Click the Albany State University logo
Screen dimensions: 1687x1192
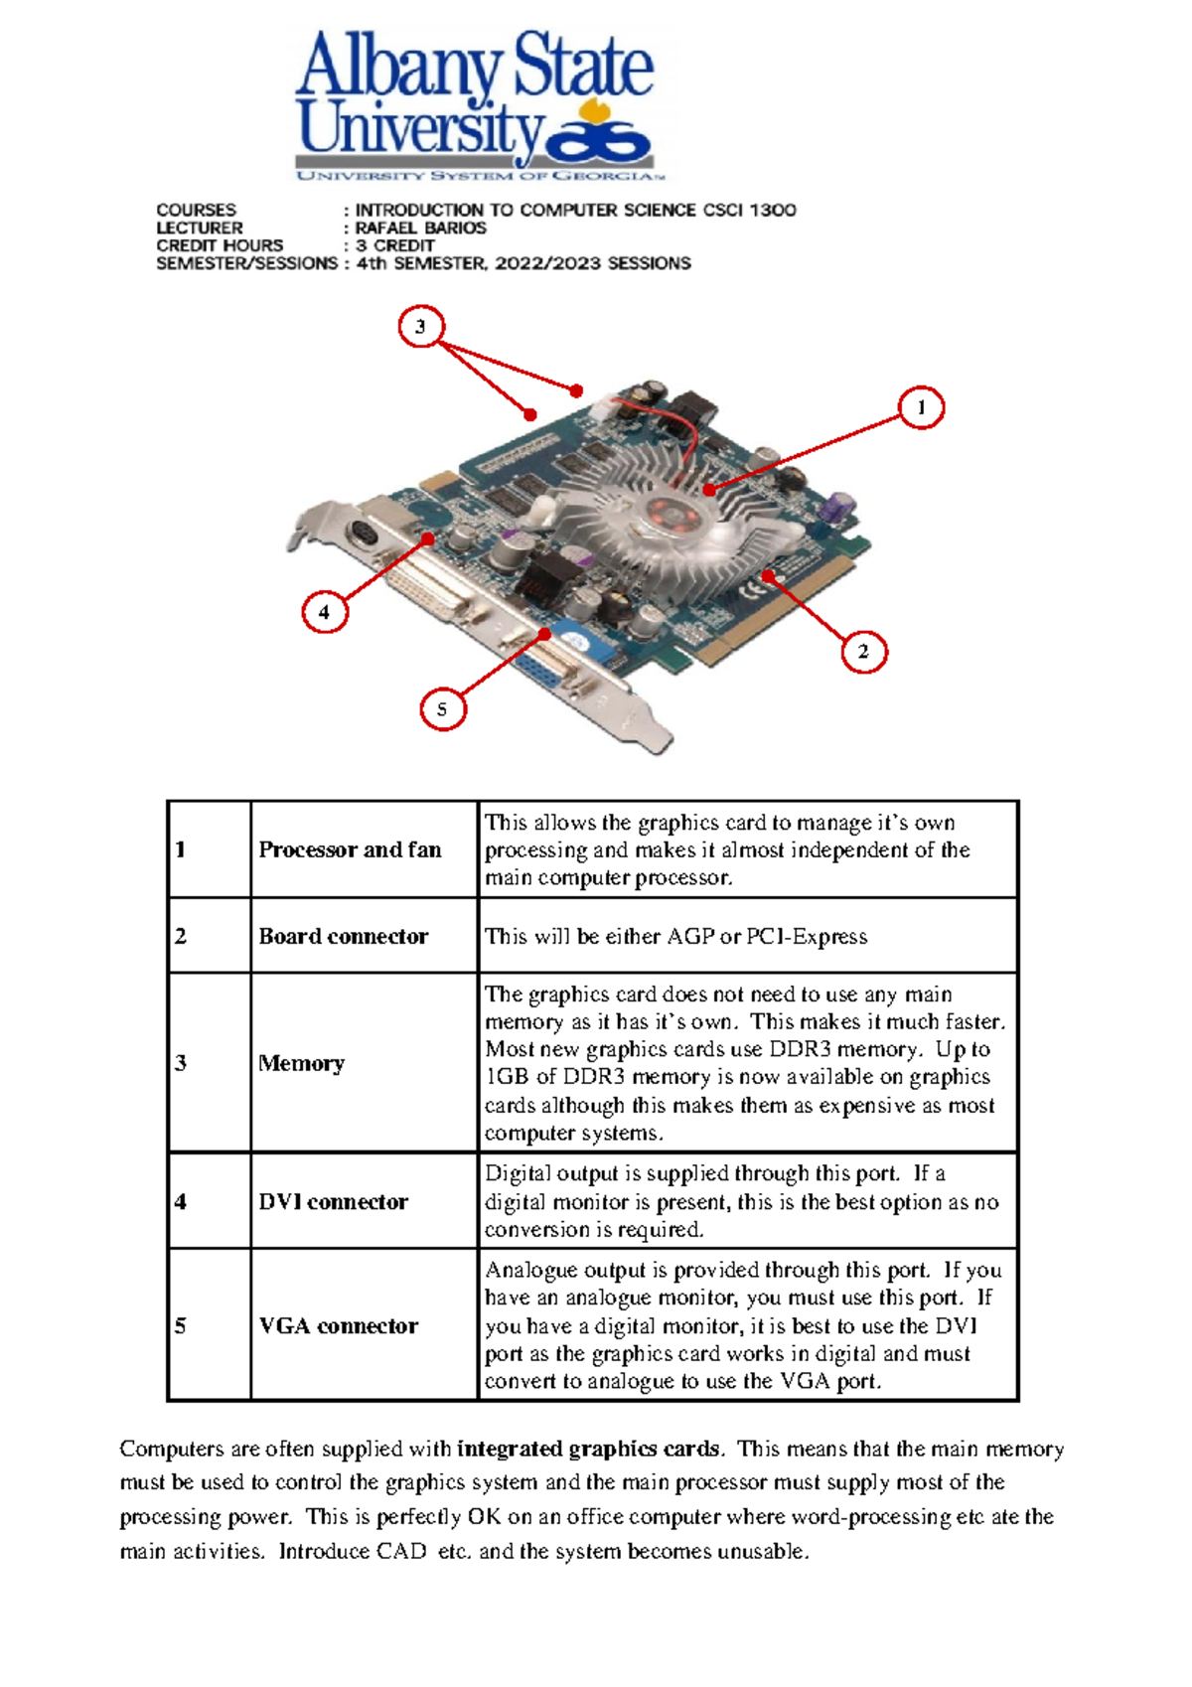click(x=475, y=104)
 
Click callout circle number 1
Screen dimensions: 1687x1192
click(x=921, y=407)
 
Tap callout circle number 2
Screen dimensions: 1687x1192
click(x=863, y=652)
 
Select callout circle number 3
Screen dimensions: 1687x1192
click(x=420, y=327)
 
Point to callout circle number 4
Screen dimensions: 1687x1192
click(x=324, y=612)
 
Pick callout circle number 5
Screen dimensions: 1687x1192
click(x=442, y=709)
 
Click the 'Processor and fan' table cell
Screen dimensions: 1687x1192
click(x=350, y=849)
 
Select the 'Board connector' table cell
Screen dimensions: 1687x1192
click(x=343, y=936)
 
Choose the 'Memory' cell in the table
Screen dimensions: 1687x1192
click(x=301, y=1063)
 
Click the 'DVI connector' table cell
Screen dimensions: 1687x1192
click(x=333, y=1201)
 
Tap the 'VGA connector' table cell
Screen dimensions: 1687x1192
click(x=338, y=1325)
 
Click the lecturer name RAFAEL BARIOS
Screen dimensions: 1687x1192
click(x=420, y=228)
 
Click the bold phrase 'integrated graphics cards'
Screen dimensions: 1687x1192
click(x=589, y=1449)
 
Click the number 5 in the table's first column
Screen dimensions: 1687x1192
click(x=180, y=1325)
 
